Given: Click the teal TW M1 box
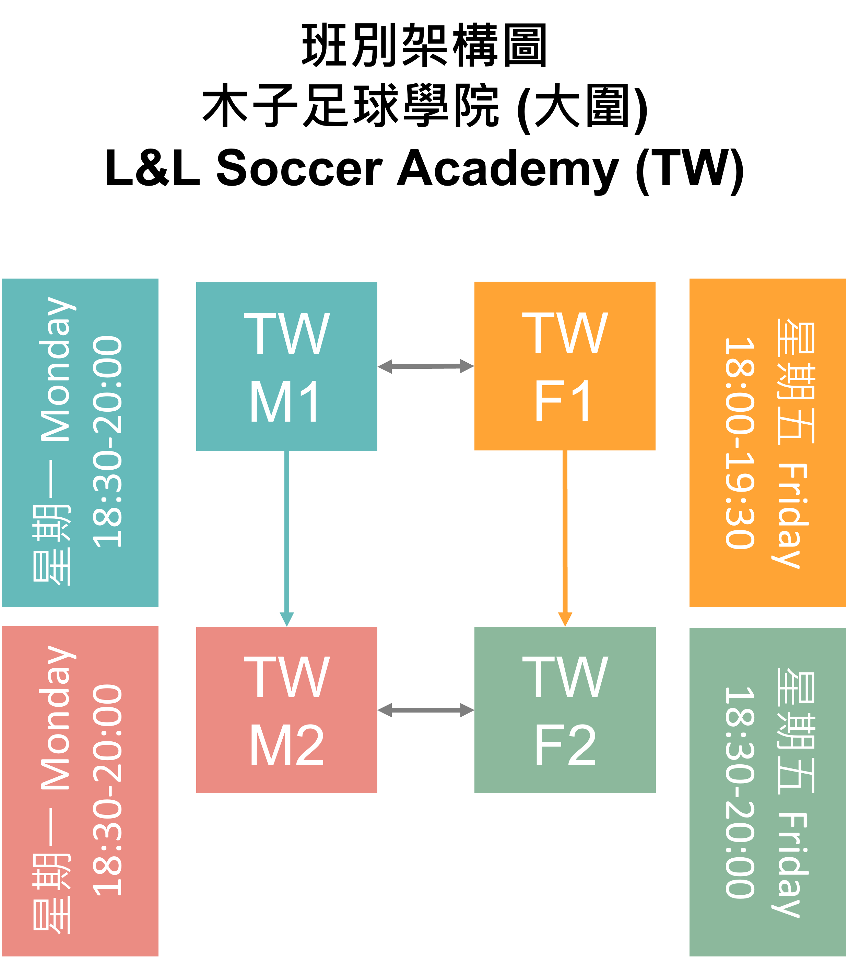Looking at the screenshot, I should click(286, 366).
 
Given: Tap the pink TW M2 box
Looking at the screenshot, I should click(286, 710).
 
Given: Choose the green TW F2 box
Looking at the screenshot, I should click(565, 710).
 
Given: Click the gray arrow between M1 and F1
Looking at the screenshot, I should click(425, 366).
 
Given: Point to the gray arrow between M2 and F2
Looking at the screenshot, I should click(425, 710).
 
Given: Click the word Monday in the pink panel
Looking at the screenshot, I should click(57, 717).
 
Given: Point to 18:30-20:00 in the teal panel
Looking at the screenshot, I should click(107, 442).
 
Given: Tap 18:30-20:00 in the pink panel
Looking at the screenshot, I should click(107, 790).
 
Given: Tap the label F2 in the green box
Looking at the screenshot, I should click(565, 746).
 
